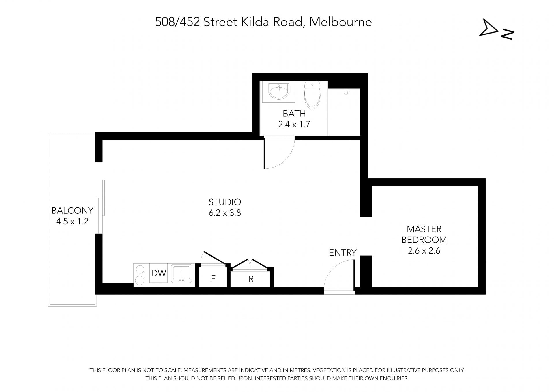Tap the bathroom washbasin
click(x=279, y=91)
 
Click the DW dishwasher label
click(x=159, y=273)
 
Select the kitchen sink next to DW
click(x=181, y=274)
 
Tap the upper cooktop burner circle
click(x=140, y=269)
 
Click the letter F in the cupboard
click(x=213, y=278)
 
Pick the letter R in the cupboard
click(x=251, y=279)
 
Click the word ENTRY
click(x=342, y=253)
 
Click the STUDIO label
click(x=225, y=202)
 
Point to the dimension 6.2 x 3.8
click(x=225, y=213)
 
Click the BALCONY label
click(x=72, y=211)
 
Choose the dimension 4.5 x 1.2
click(x=72, y=222)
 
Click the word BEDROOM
click(x=424, y=240)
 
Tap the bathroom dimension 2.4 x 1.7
click(x=294, y=125)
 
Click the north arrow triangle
click(x=489, y=28)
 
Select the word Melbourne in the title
click(x=341, y=22)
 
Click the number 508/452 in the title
click(x=177, y=22)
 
